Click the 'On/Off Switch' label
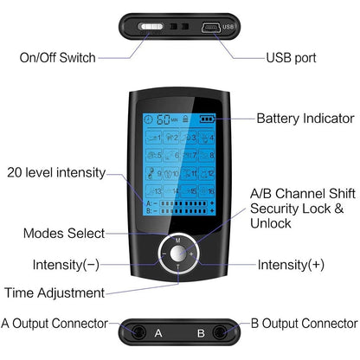click(57, 58)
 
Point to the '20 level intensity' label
click(55, 171)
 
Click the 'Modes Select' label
click(64, 233)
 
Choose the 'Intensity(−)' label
click(67, 264)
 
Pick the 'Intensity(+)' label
click(292, 264)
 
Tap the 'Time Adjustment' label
click(55, 292)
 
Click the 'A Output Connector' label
click(55, 324)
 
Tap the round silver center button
click(178, 255)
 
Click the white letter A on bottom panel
click(157, 331)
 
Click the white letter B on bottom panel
click(200, 331)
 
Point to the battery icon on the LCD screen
click(206, 118)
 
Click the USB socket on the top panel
click(211, 26)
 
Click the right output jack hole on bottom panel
click(226, 331)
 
